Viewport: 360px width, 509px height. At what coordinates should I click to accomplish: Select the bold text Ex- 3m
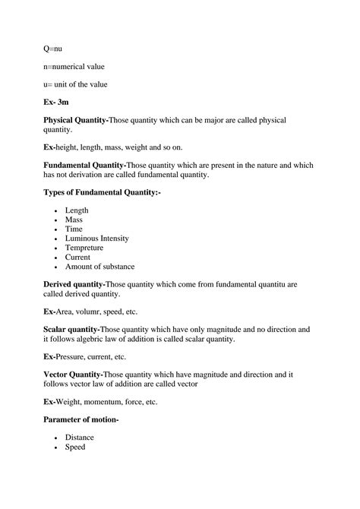click(58, 101)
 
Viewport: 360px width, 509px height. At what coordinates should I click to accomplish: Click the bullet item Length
click(77, 210)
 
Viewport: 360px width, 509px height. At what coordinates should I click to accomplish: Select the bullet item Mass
click(74, 220)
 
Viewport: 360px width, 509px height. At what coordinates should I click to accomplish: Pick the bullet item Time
click(74, 229)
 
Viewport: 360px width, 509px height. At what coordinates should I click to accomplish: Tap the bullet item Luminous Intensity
click(96, 238)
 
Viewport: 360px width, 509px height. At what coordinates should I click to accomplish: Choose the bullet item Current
click(77, 257)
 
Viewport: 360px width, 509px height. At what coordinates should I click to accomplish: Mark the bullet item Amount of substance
click(99, 266)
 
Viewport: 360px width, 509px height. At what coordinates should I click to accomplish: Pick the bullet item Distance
click(80, 438)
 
